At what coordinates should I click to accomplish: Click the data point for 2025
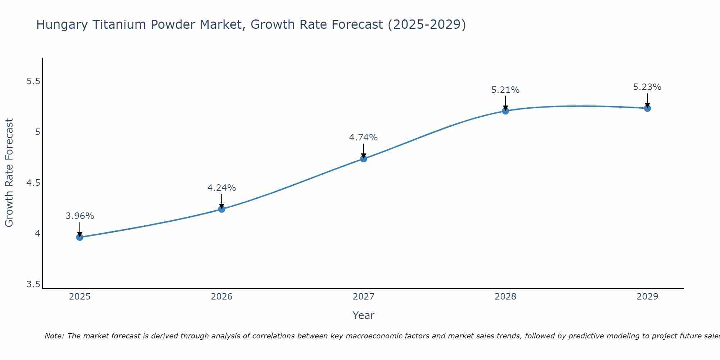coord(80,237)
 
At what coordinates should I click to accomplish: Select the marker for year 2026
coord(222,209)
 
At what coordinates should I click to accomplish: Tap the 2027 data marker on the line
coord(364,158)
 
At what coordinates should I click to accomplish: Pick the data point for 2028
coord(505,111)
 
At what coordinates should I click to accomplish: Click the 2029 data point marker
coord(647,108)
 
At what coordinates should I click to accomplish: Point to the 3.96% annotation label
coord(80,216)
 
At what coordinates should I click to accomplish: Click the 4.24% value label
coord(222,188)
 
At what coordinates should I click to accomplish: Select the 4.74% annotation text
coord(364,138)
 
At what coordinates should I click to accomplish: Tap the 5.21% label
coord(505,90)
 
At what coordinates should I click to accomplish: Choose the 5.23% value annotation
coord(647,87)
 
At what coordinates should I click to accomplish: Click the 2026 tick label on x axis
coord(222,297)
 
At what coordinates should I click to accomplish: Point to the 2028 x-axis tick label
coord(505,297)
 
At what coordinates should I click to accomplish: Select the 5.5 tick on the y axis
coord(33,81)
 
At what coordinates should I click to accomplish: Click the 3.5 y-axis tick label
coord(33,285)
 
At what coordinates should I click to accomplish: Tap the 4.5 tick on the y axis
coord(33,183)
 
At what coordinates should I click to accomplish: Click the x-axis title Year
coord(364,315)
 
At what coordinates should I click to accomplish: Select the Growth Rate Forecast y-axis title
coord(9,173)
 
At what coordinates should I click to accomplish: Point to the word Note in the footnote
coord(54,336)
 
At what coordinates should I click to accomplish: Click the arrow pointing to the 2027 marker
coord(364,150)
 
